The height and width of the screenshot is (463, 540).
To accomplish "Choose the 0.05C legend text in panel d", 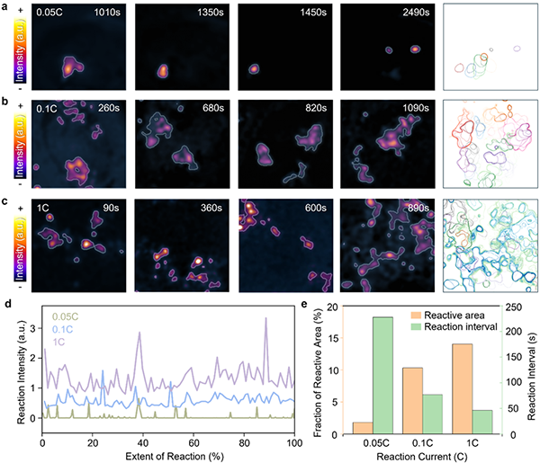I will [x=64, y=316].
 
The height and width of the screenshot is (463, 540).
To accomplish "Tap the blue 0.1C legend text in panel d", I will [x=60, y=329].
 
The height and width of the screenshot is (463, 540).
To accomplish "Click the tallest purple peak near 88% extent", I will [x=265, y=319].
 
